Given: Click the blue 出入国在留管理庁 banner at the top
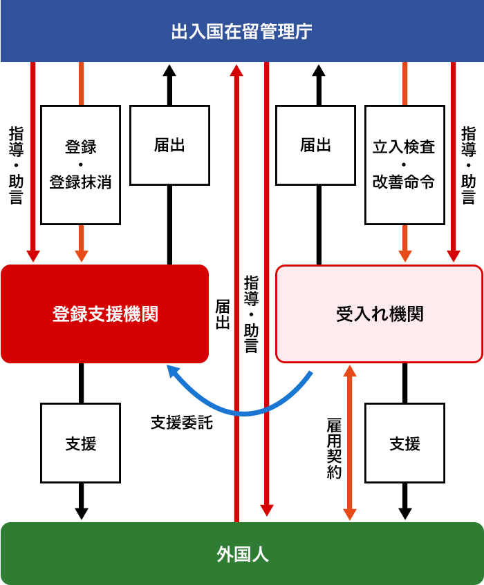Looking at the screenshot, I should (x=242, y=31).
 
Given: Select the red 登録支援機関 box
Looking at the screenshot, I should (x=104, y=314).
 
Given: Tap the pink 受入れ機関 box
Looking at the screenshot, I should (x=379, y=314).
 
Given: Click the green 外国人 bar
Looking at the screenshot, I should (x=242, y=554).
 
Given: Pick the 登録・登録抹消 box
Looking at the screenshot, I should (x=80, y=164).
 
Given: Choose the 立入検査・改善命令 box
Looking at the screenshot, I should (x=404, y=164).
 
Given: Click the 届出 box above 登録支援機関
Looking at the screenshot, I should (x=169, y=145).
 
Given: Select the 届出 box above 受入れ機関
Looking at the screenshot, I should (x=316, y=145).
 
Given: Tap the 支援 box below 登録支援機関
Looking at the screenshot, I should (x=80, y=443).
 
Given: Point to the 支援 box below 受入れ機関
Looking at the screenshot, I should (x=404, y=443).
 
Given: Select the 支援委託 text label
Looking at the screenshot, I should (x=182, y=423).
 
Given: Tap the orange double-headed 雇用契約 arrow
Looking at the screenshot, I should (x=350, y=442).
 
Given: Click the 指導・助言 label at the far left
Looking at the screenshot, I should (x=15, y=165).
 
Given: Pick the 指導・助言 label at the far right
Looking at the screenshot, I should (x=468, y=165).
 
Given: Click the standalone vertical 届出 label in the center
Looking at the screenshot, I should (x=223, y=314).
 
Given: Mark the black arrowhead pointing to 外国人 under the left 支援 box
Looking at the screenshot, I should (x=81, y=513).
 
